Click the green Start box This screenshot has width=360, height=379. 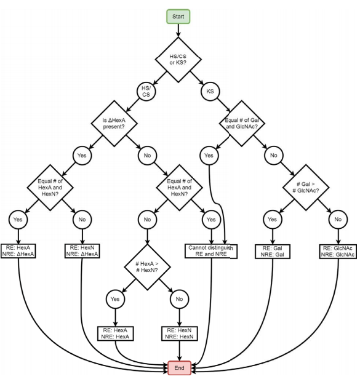tap(178, 17)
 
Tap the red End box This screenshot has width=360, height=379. tap(180, 368)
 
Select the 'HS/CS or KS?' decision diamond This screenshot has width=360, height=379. tap(178, 60)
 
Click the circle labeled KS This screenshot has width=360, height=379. tap(210, 91)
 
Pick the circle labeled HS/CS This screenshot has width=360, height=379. tap(146, 91)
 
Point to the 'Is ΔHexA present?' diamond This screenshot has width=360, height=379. tap(114, 124)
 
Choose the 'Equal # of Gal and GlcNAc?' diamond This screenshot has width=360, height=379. tap(242, 124)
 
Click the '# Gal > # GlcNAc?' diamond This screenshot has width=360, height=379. tap(306, 187)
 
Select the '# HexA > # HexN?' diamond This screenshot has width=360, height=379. tap(147, 267)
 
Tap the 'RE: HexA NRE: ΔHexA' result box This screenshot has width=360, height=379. tap(18, 251)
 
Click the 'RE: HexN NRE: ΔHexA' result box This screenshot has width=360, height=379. tap(82, 251)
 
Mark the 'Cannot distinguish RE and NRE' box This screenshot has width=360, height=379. tap(211, 251)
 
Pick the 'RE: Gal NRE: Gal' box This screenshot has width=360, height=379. tap(273, 252)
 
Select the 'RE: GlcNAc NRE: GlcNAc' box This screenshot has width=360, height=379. tap(338, 252)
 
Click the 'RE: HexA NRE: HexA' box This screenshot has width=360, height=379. tap(115, 333)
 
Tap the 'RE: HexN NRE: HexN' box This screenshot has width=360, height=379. tap(180, 333)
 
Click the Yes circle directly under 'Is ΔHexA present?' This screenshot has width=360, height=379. tap(82, 156)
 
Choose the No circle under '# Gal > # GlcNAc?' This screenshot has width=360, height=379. tap(338, 220)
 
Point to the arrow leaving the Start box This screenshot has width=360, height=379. tap(178, 31)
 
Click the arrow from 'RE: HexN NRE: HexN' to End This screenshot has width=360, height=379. tap(180, 351)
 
